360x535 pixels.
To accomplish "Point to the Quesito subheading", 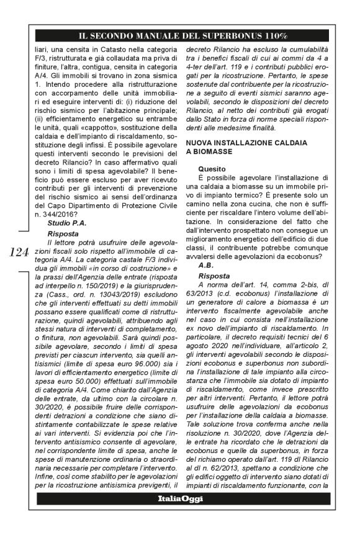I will coord(212,169).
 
